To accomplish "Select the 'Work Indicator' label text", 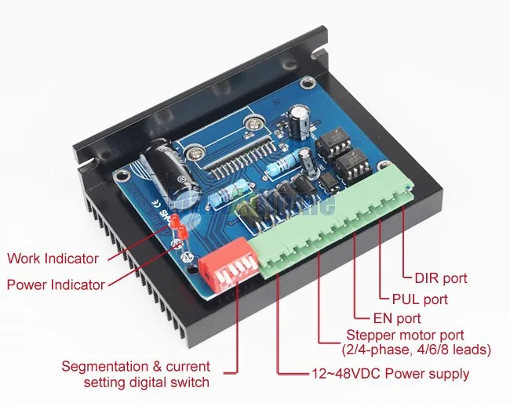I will pos(53,258).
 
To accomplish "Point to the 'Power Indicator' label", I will pos(56,285).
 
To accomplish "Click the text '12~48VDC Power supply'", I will pos(389,373).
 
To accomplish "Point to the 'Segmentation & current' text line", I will pos(137,367).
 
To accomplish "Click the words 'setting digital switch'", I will pos(147,382).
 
